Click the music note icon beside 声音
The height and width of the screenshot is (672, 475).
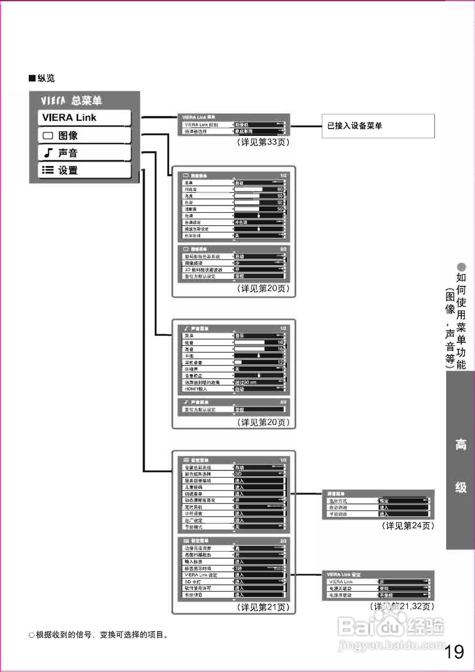pos(48,153)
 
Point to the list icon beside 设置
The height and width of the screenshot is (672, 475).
pos(48,170)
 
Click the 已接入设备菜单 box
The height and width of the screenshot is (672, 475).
pos(378,126)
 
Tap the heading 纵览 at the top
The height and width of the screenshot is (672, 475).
pos(45,78)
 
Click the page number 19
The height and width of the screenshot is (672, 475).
pos(454,652)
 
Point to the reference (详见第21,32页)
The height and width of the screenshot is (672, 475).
pos(402,606)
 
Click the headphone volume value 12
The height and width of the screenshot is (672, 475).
pos(280,362)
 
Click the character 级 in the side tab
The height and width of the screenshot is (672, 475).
pos(460,487)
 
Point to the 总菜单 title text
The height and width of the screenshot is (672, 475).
pos(87,100)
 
